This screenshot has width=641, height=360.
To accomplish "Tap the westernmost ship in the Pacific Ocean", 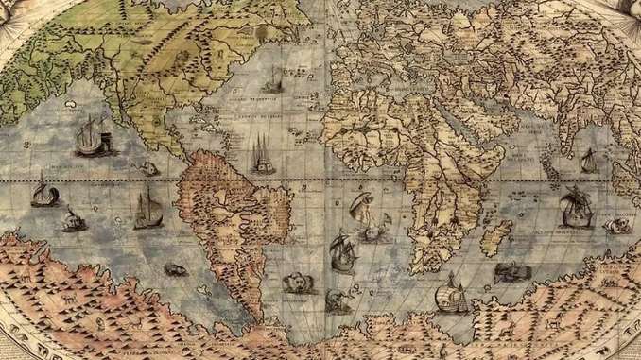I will click(43, 193).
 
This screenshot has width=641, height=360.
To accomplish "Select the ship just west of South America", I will click(147, 210).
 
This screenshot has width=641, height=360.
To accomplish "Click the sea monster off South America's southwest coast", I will click(175, 270).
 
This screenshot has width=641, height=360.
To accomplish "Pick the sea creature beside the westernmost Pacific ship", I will click(74, 221).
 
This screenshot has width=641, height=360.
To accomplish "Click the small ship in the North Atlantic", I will click(273, 77).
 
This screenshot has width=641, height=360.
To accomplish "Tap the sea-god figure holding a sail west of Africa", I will click(364, 206).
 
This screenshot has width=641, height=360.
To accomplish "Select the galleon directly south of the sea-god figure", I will click(342, 252).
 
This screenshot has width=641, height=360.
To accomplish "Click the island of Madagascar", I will click(495, 237).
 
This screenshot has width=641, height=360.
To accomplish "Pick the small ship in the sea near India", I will click(589, 162).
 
